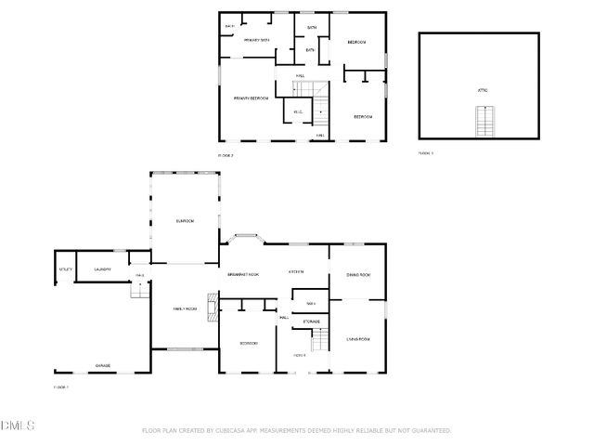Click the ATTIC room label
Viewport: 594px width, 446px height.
coord(483,90)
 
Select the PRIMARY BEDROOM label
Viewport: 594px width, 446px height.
coord(251,98)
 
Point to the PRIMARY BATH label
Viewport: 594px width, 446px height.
coord(257,41)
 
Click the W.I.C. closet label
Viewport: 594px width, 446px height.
coord(298,112)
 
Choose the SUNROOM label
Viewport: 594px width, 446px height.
coord(185,220)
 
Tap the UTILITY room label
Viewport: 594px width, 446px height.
coord(65,269)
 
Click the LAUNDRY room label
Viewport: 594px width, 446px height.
coord(102,269)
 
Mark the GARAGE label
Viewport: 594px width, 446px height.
coord(102,365)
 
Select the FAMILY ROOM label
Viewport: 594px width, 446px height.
coord(185,308)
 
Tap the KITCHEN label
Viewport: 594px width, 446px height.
coord(296,271)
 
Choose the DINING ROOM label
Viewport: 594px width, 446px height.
coord(358,275)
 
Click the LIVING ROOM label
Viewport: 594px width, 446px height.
coord(358,339)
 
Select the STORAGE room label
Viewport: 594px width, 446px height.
coord(310,321)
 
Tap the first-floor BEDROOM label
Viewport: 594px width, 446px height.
coord(248,344)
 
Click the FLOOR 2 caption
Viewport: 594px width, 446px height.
coord(226,155)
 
